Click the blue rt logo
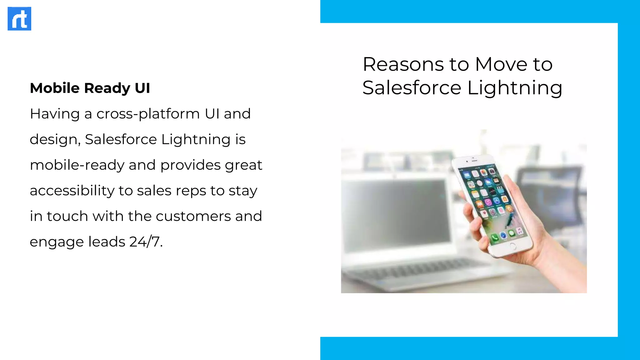click(19, 19)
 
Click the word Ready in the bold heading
click(107, 88)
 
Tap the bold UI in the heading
click(142, 88)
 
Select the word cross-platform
click(148, 114)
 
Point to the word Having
click(55, 114)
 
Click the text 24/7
click(146, 242)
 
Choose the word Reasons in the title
click(403, 64)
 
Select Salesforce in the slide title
click(412, 87)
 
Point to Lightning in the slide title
click(515, 88)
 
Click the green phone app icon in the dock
click(494, 238)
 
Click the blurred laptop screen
click(397, 212)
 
